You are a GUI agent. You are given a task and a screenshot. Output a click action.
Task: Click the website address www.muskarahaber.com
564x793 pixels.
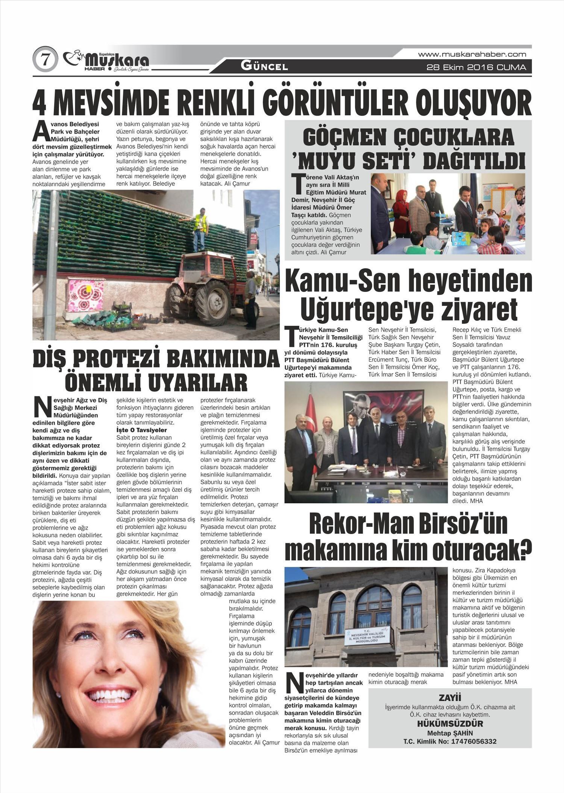pos(472,54)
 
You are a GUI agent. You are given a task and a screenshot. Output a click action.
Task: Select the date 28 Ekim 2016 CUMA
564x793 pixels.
pos(476,68)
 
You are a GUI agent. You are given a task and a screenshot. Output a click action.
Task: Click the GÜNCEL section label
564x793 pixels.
pos(264,67)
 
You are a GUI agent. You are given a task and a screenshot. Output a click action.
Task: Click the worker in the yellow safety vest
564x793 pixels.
pos(200,228)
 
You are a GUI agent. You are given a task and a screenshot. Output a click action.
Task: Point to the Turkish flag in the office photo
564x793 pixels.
pos(312,414)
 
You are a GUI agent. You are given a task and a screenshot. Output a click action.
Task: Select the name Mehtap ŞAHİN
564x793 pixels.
pos(450,733)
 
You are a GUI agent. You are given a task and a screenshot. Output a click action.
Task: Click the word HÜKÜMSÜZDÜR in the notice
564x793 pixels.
pos(450,724)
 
